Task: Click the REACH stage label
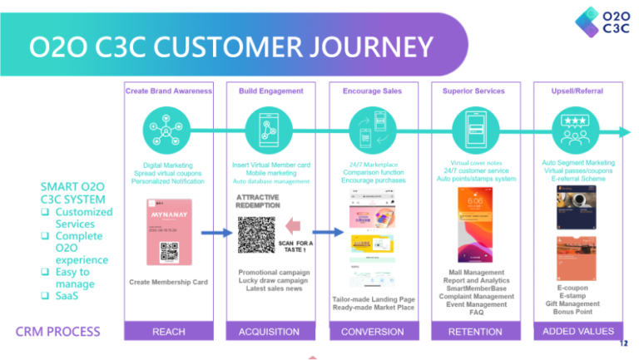point(169,332)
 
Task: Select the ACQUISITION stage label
point(269,332)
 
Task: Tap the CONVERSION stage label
point(373,332)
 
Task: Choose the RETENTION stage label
point(475,332)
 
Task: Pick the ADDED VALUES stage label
point(578,332)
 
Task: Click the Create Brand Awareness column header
point(169,90)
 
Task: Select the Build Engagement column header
point(269,90)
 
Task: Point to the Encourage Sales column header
point(373,90)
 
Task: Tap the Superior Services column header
point(475,90)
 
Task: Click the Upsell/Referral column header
point(578,90)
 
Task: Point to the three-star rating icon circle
point(577,129)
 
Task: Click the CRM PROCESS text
point(58,332)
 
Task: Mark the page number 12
point(623,343)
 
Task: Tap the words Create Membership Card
point(169,282)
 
